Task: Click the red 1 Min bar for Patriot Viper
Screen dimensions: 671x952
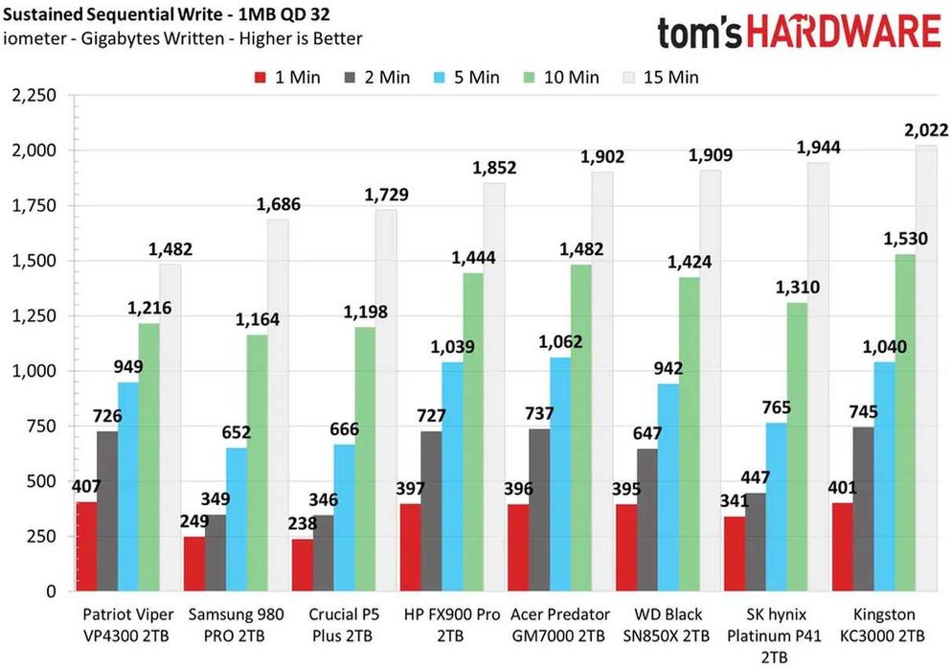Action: tap(86, 546)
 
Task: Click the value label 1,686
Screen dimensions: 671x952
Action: tap(278, 203)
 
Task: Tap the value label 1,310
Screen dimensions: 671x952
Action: tap(796, 286)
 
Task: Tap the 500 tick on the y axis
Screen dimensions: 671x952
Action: tap(43, 481)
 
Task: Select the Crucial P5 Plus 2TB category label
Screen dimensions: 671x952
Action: tap(343, 625)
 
